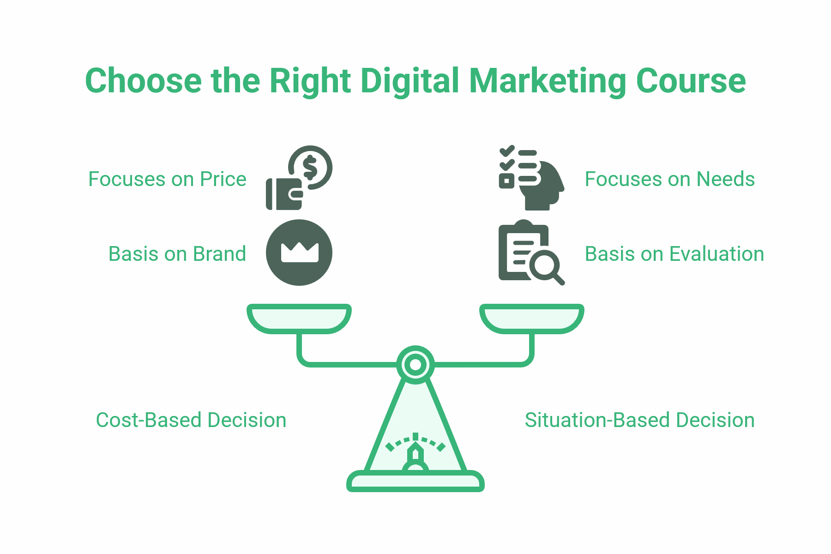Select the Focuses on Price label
click(167, 179)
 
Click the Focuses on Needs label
click(669, 179)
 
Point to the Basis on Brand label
click(177, 254)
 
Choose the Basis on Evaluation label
click(674, 254)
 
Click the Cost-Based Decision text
click(191, 420)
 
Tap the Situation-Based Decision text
click(639, 420)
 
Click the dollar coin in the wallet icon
click(311, 167)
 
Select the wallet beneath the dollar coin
click(283, 194)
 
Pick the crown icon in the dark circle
click(300, 252)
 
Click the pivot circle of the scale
click(415, 365)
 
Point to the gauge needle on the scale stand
click(415, 454)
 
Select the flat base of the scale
click(415, 482)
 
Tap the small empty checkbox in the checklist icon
click(506, 181)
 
